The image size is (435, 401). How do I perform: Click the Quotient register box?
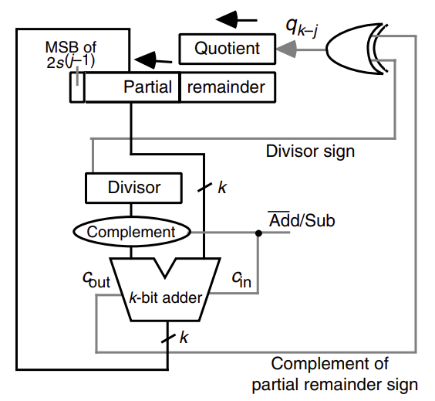click(x=228, y=49)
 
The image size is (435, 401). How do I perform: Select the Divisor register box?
click(x=133, y=188)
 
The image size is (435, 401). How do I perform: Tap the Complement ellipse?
click(x=132, y=232)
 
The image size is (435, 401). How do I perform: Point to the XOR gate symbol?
click(x=356, y=49)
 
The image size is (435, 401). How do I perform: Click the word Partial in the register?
click(x=147, y=87)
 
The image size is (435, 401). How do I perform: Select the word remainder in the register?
click(x=226, y=87)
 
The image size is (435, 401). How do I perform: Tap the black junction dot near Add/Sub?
click(x=258, y=233)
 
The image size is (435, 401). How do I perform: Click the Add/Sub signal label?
click(x=302, y=220)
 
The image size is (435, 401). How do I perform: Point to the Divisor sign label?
click(x=310, y=151)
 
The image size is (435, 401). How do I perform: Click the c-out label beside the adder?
click(x=96, y=279)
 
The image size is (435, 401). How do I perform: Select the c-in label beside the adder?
click(x=241, y=279)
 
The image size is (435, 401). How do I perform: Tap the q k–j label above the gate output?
click(x=302, y=28)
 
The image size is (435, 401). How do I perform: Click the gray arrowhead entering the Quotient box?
click(x=286, y=49)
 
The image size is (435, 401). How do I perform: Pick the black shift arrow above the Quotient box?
click(x=236, y=20)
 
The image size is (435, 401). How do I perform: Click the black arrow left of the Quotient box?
click(x=153, y=60)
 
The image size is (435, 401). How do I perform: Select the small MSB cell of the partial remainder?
click(x=77, y=87)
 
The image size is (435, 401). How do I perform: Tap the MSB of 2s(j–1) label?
click(x=71, y=54)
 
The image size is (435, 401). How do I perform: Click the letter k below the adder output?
click(x=184, y=338)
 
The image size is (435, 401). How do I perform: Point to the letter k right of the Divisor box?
click(x=222, y=188)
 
